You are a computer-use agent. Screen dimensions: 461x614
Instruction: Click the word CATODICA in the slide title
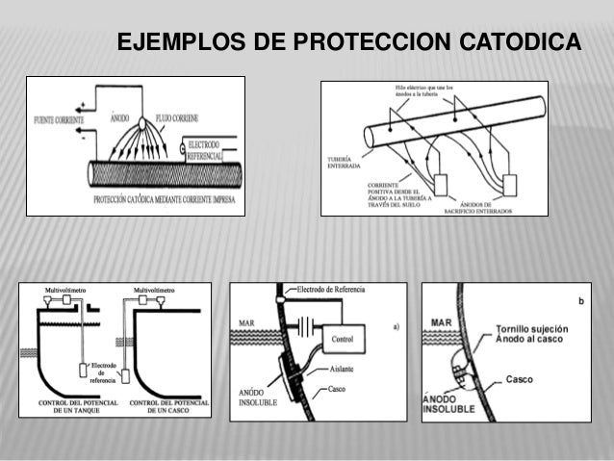click(521, 44)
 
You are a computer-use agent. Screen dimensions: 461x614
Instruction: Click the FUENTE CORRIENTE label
click(57, 120)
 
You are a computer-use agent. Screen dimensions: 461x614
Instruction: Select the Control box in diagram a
click(345, 339)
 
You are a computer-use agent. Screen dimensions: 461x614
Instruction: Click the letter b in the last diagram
click(578, 301)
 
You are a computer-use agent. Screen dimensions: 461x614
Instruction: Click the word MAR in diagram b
click(442, 322)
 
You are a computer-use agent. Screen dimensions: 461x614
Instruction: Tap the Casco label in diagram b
click(520, 379)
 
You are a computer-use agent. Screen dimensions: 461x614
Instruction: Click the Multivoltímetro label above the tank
click(63, 289)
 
